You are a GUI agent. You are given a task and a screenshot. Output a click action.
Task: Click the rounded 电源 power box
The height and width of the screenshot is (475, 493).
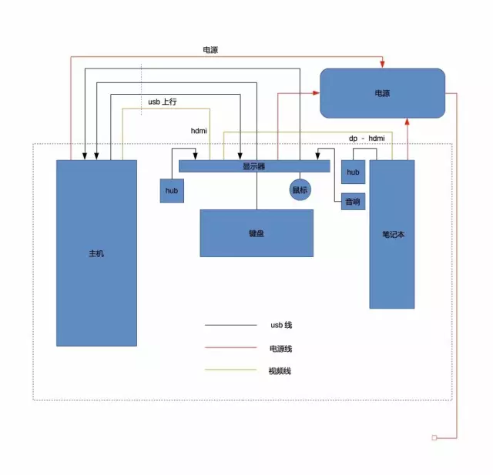(x=382, y=93)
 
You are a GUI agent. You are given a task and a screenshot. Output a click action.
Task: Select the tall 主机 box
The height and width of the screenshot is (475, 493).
(x=96, y=253)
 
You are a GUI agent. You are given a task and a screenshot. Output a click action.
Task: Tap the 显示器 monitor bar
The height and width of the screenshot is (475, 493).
(x=254, y=166)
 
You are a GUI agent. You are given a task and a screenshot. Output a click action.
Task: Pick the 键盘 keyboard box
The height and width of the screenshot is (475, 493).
(x=257, y=233)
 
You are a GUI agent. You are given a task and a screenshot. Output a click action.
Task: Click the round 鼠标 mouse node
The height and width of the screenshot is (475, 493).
(x=300, y=189)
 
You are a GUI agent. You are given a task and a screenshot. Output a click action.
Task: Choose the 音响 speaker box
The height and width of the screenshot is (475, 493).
(x=353, y=202)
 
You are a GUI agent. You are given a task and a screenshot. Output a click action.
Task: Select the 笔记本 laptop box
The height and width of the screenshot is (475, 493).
(x=392, y=234)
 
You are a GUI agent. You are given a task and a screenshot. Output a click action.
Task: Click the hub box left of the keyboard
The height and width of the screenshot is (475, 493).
(x=172, y=191)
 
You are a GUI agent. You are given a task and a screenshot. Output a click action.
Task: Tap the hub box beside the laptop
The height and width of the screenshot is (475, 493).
(x=353, y=172)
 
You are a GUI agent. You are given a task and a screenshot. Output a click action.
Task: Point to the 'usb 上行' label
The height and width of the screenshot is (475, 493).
(x=163, y=102)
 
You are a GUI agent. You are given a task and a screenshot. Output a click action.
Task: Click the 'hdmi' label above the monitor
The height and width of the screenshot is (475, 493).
(x=199, y=131)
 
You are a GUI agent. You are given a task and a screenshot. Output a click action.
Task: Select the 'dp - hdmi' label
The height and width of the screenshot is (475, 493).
(x=367, y=139)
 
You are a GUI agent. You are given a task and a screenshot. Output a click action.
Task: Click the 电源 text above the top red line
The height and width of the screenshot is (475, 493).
(x=210, y=49)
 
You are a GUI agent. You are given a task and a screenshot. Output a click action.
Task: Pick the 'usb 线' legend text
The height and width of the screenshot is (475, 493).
(x=281, y=325)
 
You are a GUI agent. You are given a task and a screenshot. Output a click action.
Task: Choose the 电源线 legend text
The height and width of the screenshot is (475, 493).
(x=280, y=349)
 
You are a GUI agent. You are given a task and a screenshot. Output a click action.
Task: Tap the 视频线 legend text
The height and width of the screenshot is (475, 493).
(x=280, y=371)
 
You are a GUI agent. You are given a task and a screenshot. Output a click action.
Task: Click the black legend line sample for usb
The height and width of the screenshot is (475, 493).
(x=231, y=325)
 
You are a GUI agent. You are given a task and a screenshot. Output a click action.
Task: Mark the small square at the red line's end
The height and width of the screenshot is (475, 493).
(x=434, y=437)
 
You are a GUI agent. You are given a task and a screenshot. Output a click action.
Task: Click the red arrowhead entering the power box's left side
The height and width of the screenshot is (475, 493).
(x=316, y=93)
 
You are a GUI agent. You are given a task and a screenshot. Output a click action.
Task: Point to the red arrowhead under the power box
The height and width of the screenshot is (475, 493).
(x=407, y=122)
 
